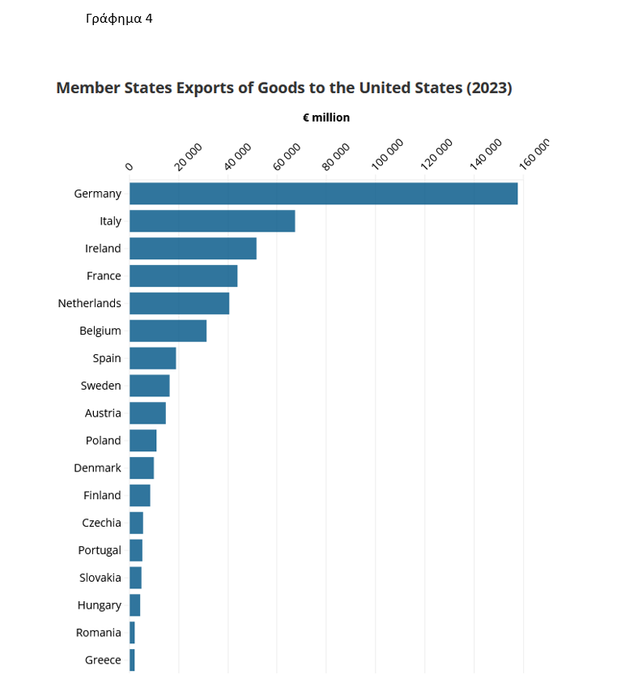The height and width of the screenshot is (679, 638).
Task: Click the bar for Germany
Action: tap(323, 194)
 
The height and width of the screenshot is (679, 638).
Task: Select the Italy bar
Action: tap(212, 221)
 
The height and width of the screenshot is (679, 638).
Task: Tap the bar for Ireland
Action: tap(193, 249)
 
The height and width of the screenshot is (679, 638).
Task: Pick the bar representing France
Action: tap(183, 276)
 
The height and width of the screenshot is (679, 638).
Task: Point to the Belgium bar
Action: tap(168, 331)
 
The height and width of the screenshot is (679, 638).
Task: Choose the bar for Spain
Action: tap(152, 358)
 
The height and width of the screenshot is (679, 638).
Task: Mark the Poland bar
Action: tap(142, 441)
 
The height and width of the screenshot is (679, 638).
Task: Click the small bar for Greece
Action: tap(132, 660)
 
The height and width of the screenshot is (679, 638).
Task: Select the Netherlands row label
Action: tap(89, 303)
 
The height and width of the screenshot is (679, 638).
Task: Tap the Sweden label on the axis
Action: tap(100, 386)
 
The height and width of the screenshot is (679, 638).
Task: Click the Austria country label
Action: tap(103, 413)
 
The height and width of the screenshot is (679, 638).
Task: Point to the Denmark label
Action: tap(97, 468)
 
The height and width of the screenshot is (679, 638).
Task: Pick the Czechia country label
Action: tap(101, 523)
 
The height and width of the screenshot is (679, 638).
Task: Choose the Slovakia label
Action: tap(100, 578)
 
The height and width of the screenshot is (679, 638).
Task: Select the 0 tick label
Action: tap(129, 166)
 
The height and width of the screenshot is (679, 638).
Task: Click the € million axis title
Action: tap(326, 117)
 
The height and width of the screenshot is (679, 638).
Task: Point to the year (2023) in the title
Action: tap(489, 88)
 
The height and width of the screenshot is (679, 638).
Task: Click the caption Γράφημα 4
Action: tap(119, 19)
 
